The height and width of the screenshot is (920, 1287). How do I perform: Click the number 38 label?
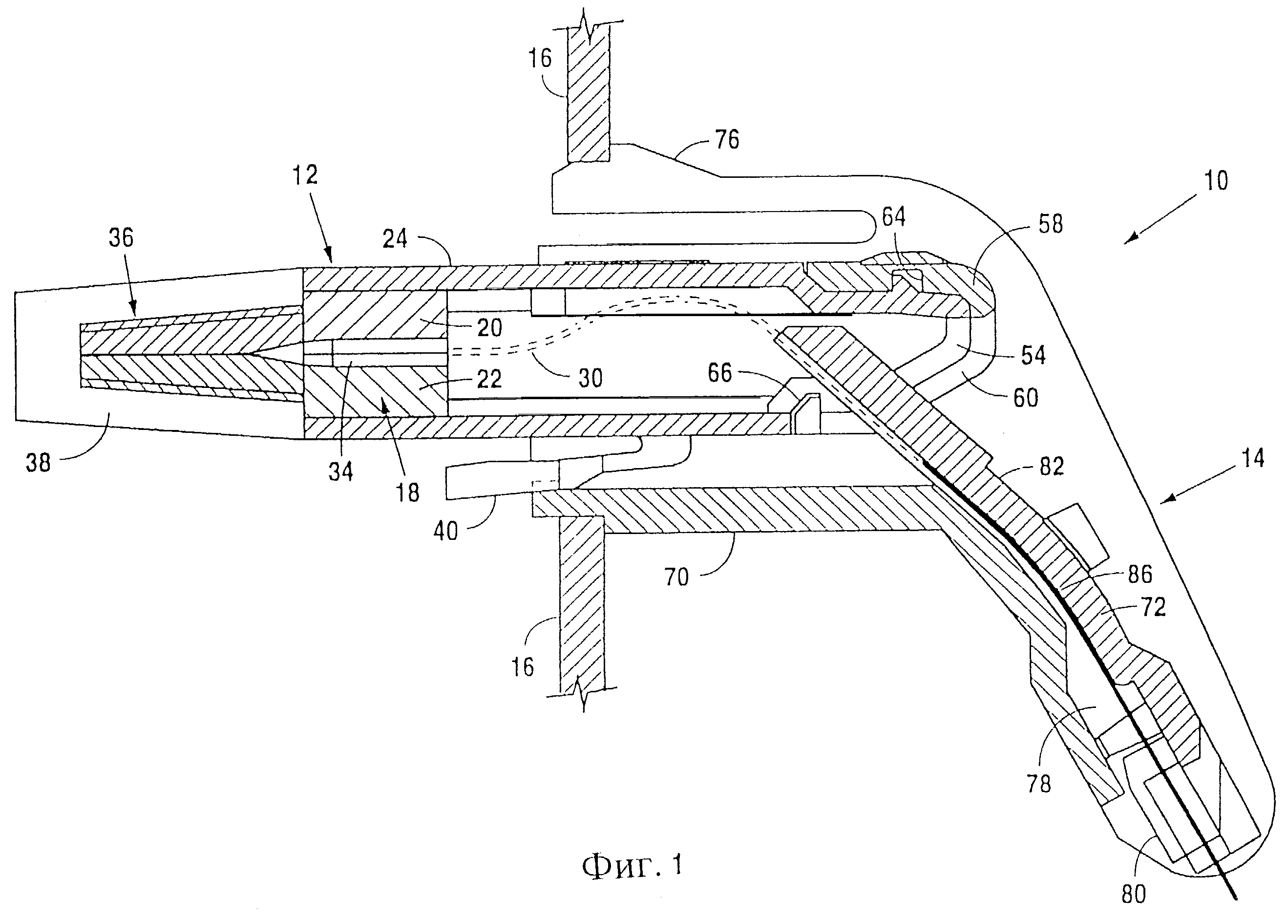(x=39, y=463)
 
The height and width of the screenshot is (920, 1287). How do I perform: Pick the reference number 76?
(x=726, y=139)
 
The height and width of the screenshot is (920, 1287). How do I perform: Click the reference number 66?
(x=719, y=373)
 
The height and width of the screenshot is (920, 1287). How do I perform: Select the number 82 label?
(x=1052, y=466)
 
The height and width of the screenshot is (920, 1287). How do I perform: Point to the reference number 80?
(x=1134, y=894)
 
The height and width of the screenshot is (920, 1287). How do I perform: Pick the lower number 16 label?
(x=522, y=667)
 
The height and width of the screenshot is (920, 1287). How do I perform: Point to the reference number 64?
(x=893, y=217)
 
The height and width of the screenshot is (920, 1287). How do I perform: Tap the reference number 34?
(x=341, y=471)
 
